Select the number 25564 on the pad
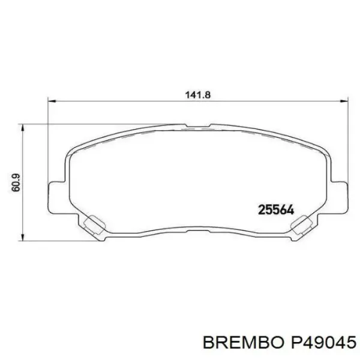tap(275, 209)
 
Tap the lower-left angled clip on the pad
tap(93, 224)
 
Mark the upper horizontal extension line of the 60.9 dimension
tap(90, 125)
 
